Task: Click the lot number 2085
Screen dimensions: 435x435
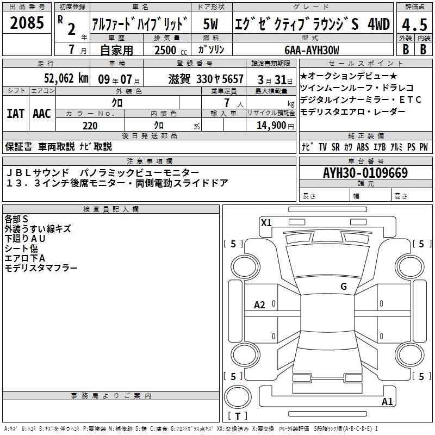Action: [27, 22]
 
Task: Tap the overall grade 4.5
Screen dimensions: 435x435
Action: [414, 24]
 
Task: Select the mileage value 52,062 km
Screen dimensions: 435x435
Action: [66, 78]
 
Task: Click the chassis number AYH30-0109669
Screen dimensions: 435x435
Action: [365, 173]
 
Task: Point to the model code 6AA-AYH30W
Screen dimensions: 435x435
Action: [312, 50]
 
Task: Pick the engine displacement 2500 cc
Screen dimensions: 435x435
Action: [171, 50]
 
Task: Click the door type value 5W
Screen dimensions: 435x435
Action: [210, 24]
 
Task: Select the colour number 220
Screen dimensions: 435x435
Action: [90, 126]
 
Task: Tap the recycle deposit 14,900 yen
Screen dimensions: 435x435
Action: [275, 126]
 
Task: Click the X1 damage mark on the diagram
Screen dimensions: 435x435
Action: [266, 222]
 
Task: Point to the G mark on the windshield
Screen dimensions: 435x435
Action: [344, 286]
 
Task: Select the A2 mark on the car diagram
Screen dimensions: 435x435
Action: [259, 305]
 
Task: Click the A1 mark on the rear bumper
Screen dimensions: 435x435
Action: [387, 401]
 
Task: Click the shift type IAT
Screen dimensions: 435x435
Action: [15, 114]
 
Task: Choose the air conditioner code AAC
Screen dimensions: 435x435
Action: [42, 114]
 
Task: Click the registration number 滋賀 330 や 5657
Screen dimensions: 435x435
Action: [206, 79]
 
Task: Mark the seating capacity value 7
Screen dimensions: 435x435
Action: [227, 103]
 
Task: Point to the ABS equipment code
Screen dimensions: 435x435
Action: [363, 147]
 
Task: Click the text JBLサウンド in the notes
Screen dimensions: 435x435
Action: [37, 172]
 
